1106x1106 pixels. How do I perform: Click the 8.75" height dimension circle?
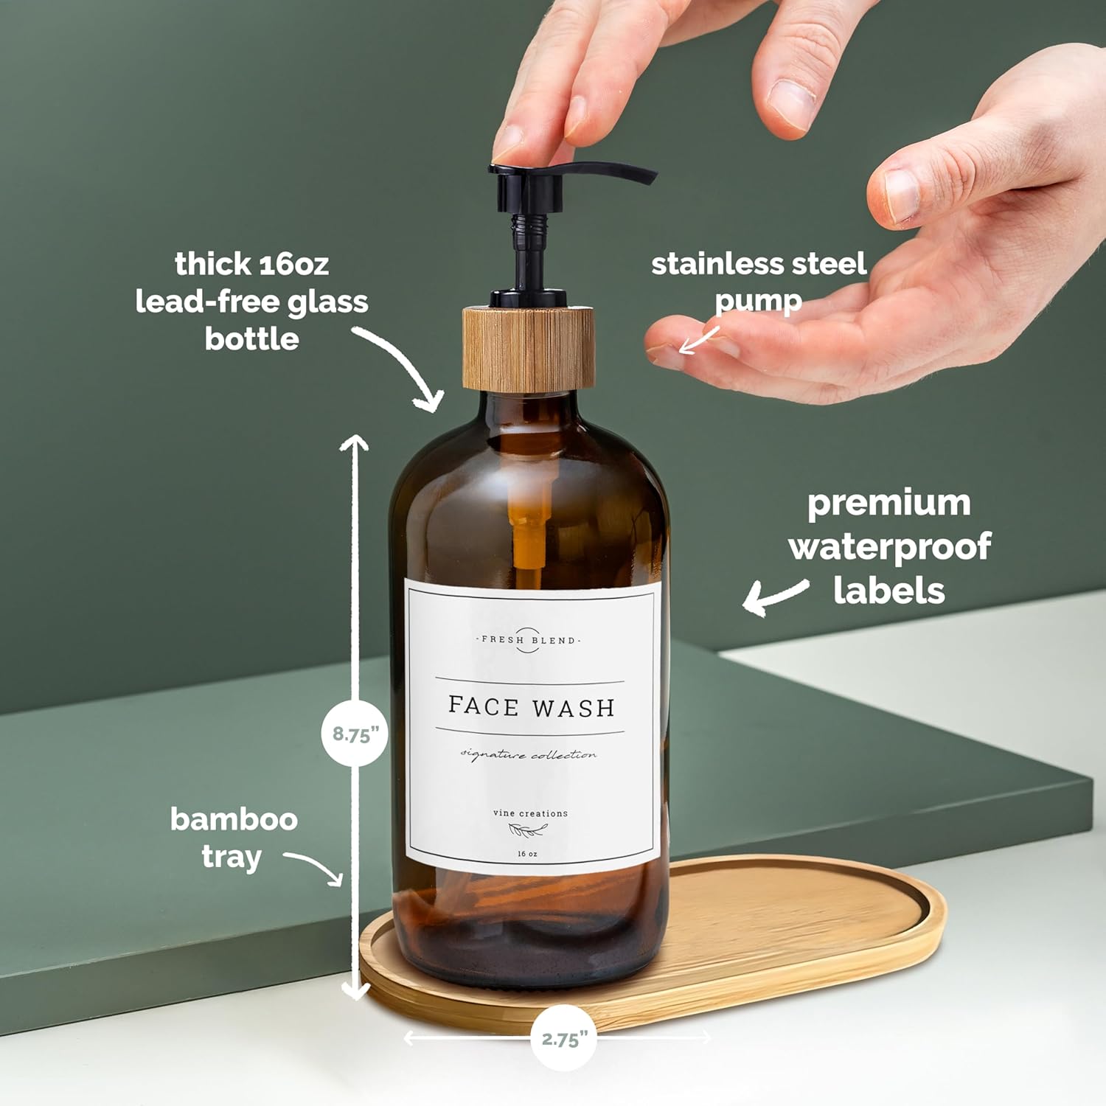pos(355,734)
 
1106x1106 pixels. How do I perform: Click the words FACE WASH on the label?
pos(531,706)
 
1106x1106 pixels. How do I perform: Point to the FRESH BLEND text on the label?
pos(528,640)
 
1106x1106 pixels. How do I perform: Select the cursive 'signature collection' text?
pos(529,754)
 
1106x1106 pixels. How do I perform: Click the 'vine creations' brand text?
pos(530,813)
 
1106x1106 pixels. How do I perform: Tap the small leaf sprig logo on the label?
pos(527,832)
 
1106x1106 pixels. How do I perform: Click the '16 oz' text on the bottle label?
pos(527,854)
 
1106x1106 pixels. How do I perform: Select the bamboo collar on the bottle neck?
pos(528,348)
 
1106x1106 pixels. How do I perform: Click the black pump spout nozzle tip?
pos(649,177)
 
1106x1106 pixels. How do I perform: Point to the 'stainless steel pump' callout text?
pos(758,282)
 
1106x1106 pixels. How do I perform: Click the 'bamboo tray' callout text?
pos(233,838)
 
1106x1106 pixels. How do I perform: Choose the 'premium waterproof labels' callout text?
pos(889,546)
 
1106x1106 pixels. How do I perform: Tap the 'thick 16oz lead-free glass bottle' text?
pos(251,301)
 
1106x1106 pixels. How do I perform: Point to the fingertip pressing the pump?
pos(516,144)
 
